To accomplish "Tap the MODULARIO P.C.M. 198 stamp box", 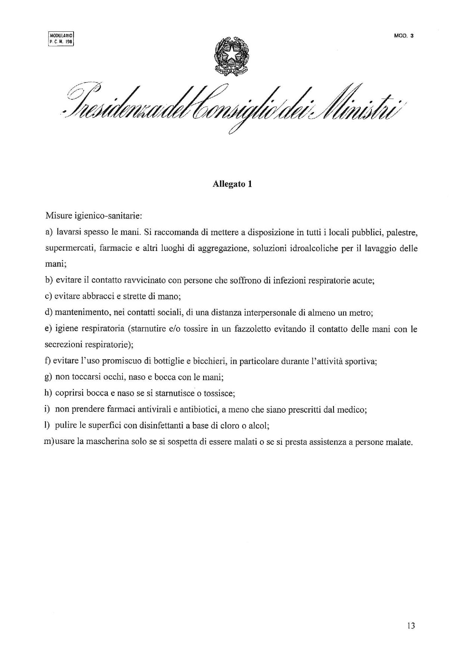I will pyautogui.click(x=62, y=39).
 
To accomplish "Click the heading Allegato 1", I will pyautogui.click(x=232, y=184).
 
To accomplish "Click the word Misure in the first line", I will pyautogui.click(x=57, y=215).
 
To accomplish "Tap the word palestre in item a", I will pyautogui.click(x=401, y=233).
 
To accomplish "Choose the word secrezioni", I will pyautogui.click(x=62, y=345).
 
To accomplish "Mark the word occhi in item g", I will pyautogui.click(x=113, y=377).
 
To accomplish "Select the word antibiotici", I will pyautogui.click(x=199, y=409).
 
